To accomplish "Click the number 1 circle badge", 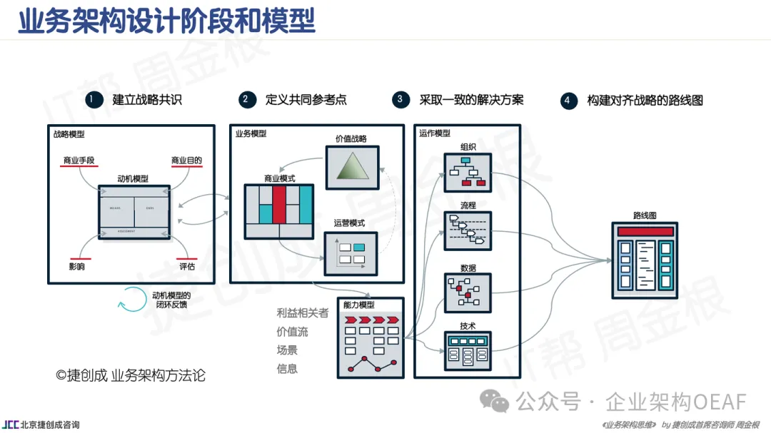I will [x=91, y=100].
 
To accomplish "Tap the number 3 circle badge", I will [x=401, y=100].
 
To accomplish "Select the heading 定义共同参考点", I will [x=306, y=100].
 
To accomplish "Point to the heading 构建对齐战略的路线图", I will [x=645, y=101].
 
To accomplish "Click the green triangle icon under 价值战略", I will [x=351, y=168].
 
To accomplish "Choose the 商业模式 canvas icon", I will [x=278, y=212].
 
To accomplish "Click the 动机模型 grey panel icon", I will [x=135, y=212].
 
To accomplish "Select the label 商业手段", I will [x=80, y=161].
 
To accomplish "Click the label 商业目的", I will [x=187, y=161].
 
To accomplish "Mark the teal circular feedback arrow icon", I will [x=131, y=300].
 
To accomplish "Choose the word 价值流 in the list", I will [x=292, y=331].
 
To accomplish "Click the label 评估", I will [x=188, y=267].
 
